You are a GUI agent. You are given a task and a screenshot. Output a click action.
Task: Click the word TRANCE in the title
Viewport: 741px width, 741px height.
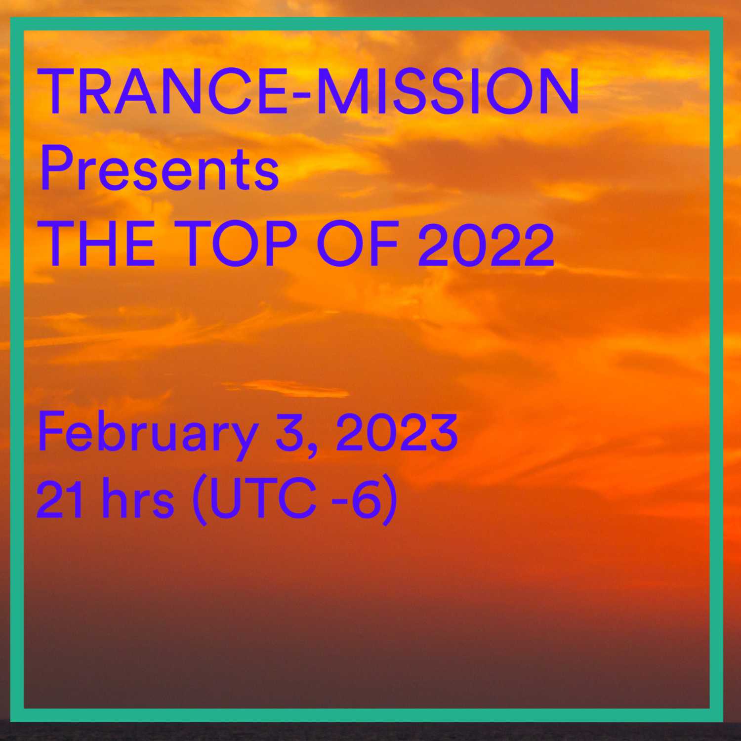point(165,92)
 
